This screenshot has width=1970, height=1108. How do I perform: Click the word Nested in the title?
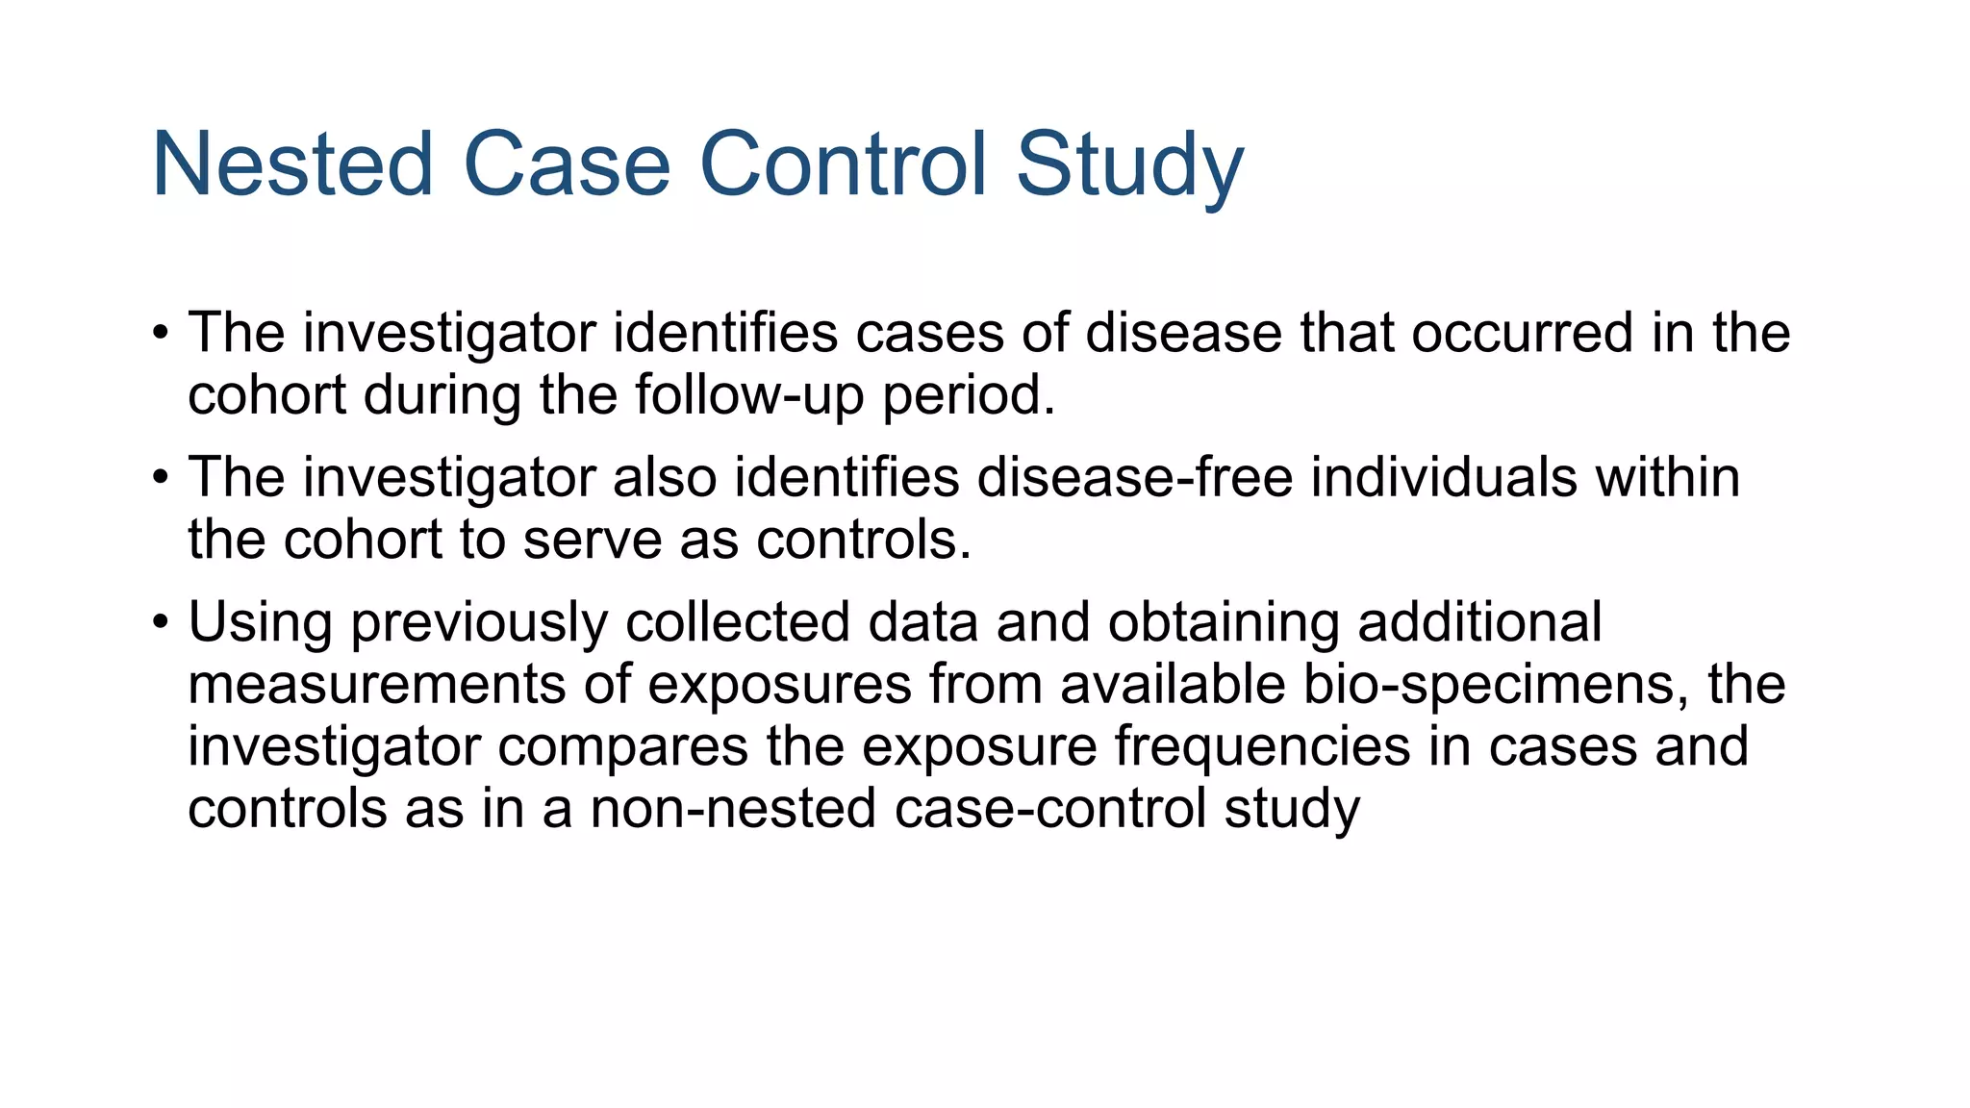tap(292, 165)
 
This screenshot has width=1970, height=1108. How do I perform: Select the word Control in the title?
tap(844, 165)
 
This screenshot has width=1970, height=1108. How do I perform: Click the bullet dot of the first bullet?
tap(161, 335)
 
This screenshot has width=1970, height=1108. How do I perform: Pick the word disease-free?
tap(1135, 477)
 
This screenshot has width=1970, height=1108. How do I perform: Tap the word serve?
tap(592, 540)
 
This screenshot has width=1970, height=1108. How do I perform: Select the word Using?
tap(260, 622)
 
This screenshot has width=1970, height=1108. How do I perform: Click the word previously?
tap(479, 622)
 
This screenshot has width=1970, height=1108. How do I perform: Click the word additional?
tap(1479, 622)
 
